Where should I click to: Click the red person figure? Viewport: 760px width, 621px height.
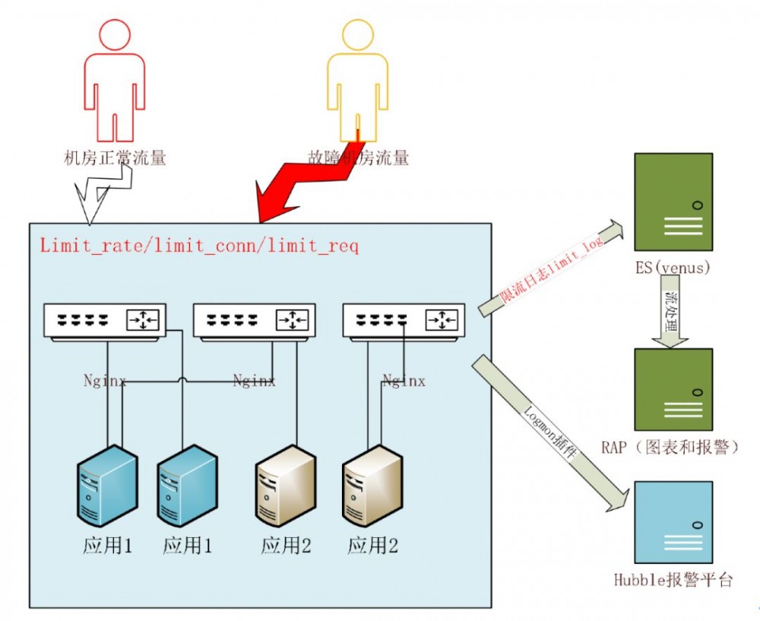[115, 84]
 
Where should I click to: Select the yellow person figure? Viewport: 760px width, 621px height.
[357, 84]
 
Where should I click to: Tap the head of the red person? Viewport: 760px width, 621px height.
[115, 34]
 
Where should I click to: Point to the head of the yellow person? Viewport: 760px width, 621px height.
[357, 34]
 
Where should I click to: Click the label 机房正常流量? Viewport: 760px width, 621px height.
[115, 158]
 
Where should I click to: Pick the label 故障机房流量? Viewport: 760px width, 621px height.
[358, 158]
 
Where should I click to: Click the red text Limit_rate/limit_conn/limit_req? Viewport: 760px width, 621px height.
[199, 246]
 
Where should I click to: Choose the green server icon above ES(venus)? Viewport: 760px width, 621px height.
[673, 202]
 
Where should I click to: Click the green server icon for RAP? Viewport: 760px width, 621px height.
[673, 390]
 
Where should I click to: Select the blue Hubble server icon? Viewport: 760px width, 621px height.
[673, 521]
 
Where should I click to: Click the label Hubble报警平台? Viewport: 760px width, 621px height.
[673, 580]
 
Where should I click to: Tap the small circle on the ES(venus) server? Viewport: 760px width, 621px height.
[697, 204]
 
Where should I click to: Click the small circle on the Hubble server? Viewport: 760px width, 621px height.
[697, 524]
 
